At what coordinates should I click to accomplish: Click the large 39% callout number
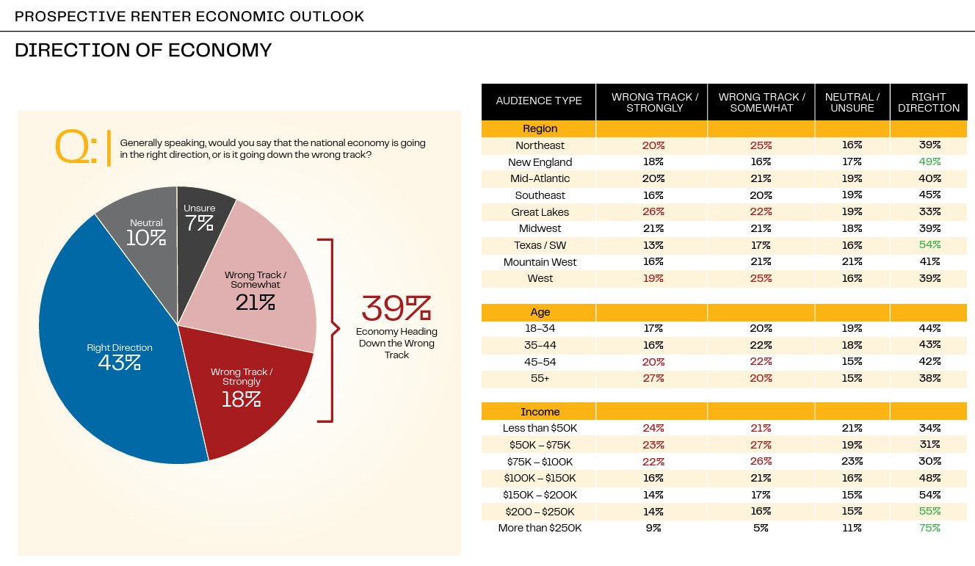tap(396, 309)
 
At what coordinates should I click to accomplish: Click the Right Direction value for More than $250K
tap(929, 528)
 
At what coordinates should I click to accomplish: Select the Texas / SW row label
tap(539, 245)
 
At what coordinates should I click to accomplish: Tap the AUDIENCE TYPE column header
tap(539, 101)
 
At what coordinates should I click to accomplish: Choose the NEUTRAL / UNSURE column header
tap(852, 102)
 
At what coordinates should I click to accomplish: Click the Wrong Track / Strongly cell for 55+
tap(653, 378)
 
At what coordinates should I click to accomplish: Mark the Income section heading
tap(539, 412)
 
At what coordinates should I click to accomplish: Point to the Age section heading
tap(539, 312)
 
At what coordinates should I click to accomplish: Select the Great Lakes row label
tap(539, 212)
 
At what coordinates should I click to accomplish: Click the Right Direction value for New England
tap(929, 162)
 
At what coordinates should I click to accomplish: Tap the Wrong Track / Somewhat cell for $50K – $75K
tap(761, 445)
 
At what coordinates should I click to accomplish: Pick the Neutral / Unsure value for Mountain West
tap(852, 262)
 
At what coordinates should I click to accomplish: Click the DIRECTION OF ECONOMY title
tap(143, 51)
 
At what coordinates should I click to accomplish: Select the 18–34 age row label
tap(539, 329)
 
